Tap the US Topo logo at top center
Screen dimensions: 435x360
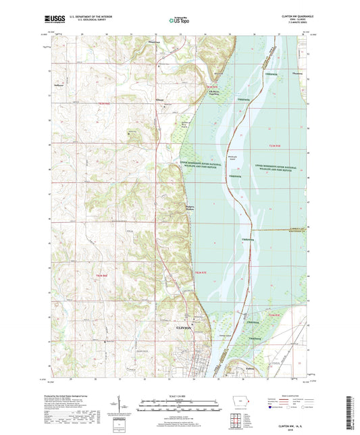pyautogui.click(x=180, y=21)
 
